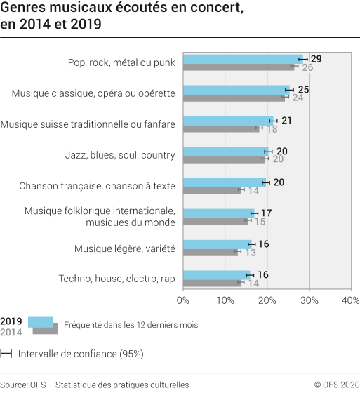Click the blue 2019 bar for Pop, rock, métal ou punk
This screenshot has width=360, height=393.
pos(242,59)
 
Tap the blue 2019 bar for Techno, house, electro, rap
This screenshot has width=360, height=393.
pos(216,275)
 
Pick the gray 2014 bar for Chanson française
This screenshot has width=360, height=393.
pos(212,190)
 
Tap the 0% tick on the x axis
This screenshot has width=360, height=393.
pos(183,300)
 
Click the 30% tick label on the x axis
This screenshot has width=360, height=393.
pos(309,300)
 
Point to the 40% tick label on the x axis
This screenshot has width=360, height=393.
pos(349,300)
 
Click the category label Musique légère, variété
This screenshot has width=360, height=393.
pos(124,248)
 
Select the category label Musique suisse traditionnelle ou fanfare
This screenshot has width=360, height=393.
pos(88,124)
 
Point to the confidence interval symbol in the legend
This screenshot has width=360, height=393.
pos(6,354)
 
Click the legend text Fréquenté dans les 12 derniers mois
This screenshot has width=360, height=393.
pos(131,325)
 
